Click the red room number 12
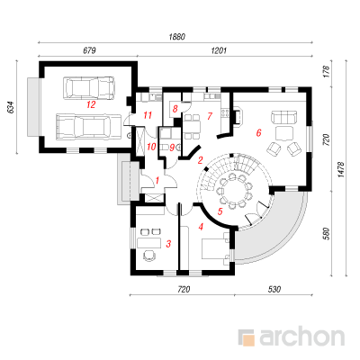tap(91, 104)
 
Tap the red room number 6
tap(258, 132)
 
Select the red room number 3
tap(168, 244)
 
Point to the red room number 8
tap(175, 108)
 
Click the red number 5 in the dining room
tap(220, 211)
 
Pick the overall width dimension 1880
tap(177, 37)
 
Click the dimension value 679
tap(89, 50)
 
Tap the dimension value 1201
tap(219, 50)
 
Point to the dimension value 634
tap(11, 107)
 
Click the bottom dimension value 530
tap(274, 289)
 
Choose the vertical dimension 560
tap(327, 234)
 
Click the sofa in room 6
tap(284, 117)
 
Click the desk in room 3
tap(149, 243)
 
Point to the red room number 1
tap(157, 180)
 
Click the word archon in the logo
tap(301, 337)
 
